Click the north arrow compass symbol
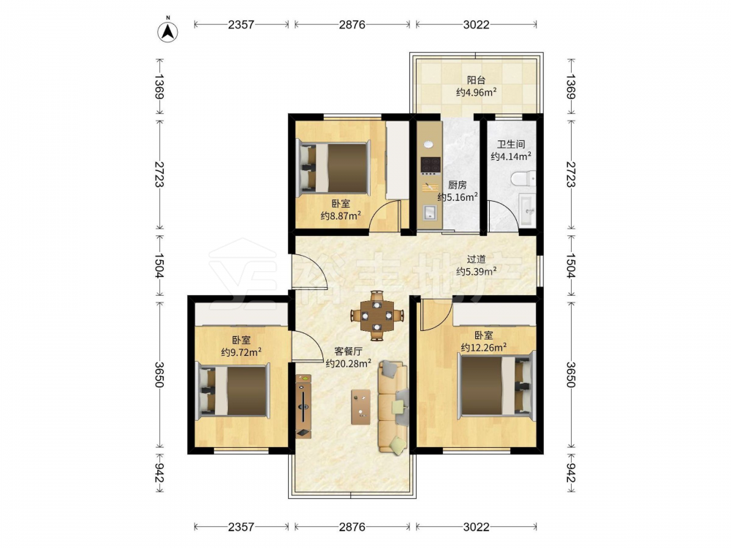coord(168,31)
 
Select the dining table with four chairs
coord(376,316)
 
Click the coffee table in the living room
coord(361,407)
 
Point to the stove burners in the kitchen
coord(431,164)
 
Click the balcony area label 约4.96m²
coord(476,92)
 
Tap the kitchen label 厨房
coord(458,185)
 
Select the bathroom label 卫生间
coord(510,145)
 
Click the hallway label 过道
coord(477,259)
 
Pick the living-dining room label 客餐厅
coord(348,351)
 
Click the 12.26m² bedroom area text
coord(484,348)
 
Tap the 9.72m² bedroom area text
coord(241,352)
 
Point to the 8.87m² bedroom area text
coord(341,216)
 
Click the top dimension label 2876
coord(352,24)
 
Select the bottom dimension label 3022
coord(477,527)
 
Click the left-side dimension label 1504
coord(159,266)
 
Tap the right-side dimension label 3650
coord(571,374)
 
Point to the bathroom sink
coord(527,212)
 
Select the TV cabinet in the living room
coord(303,406)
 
